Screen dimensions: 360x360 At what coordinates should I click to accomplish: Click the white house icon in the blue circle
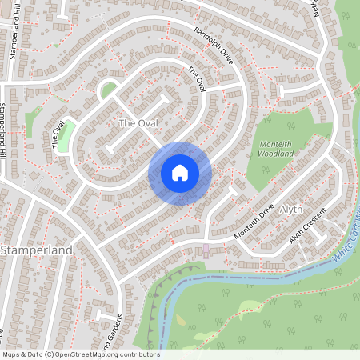pos(180,173)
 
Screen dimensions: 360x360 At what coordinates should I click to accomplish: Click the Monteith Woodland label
pos(282,149)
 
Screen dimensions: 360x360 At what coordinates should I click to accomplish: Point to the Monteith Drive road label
pos(254,221)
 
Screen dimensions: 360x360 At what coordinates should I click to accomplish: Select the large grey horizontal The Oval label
pos(138,123)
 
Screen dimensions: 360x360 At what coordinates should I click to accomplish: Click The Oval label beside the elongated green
pos(58,136)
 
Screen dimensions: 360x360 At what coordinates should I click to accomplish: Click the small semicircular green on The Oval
pos(106,90)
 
